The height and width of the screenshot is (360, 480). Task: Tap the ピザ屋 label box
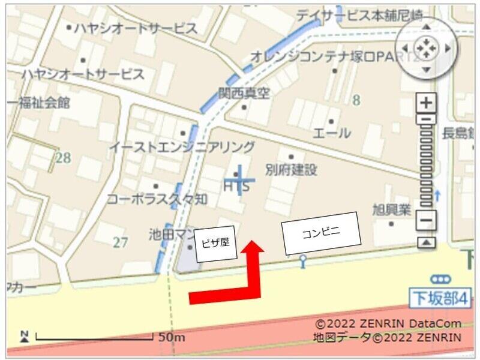click(x=214, y=244)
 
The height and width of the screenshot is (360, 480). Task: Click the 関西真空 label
click(x=244, y=94)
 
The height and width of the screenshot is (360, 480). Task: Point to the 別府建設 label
click(x=291, y=170)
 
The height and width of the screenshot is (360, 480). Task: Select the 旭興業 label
click(x=392, y=210)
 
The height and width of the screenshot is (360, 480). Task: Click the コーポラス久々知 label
click(x=158, y=199)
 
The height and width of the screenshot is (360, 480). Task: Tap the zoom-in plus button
click(x=426, y=103)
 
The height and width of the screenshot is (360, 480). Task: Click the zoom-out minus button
click(x=426, y=220)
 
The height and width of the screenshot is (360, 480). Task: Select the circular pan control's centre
click(x=426, y=48)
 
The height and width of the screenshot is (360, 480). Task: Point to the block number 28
click(x=63, y=158)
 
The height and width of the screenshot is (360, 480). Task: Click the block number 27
click(x=121, y=242)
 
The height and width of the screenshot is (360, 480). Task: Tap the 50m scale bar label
click(x=172, y=337)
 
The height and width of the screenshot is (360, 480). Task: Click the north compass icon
click(x=25, y=336)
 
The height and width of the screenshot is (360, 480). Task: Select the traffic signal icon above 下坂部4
click(x=442, y=278)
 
